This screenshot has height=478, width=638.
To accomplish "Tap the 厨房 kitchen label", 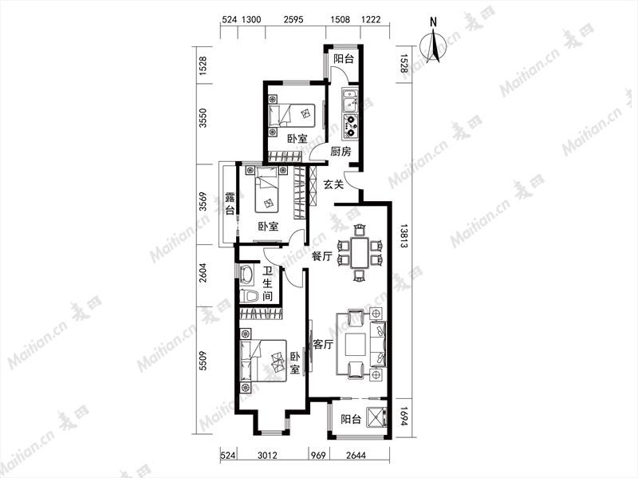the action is (341, 152).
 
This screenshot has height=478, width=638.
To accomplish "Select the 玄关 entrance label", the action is (333, 184).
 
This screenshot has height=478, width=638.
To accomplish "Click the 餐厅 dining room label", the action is (322, 256).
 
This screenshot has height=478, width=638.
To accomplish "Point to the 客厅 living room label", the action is (324, 345).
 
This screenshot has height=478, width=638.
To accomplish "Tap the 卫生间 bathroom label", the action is (267, 284).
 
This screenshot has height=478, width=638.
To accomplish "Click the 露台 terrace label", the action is (230, 203).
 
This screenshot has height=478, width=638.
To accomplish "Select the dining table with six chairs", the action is (360, 252).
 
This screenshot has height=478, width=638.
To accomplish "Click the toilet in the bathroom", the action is (249, 296).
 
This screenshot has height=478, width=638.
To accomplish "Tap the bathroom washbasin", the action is (246, 274).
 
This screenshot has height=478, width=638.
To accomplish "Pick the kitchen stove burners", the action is (350, 125).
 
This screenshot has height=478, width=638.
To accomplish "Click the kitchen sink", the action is (350, 101).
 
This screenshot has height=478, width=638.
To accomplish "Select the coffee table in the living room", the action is (356, 346).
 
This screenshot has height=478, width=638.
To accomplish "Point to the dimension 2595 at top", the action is (293, 19).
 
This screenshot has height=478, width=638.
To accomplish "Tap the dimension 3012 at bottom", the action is (267, 455).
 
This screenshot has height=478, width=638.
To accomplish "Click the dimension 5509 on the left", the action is (203, 361).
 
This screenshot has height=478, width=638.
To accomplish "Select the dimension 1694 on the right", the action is (404, 417).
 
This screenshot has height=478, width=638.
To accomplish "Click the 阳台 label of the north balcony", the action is (344, 58).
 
